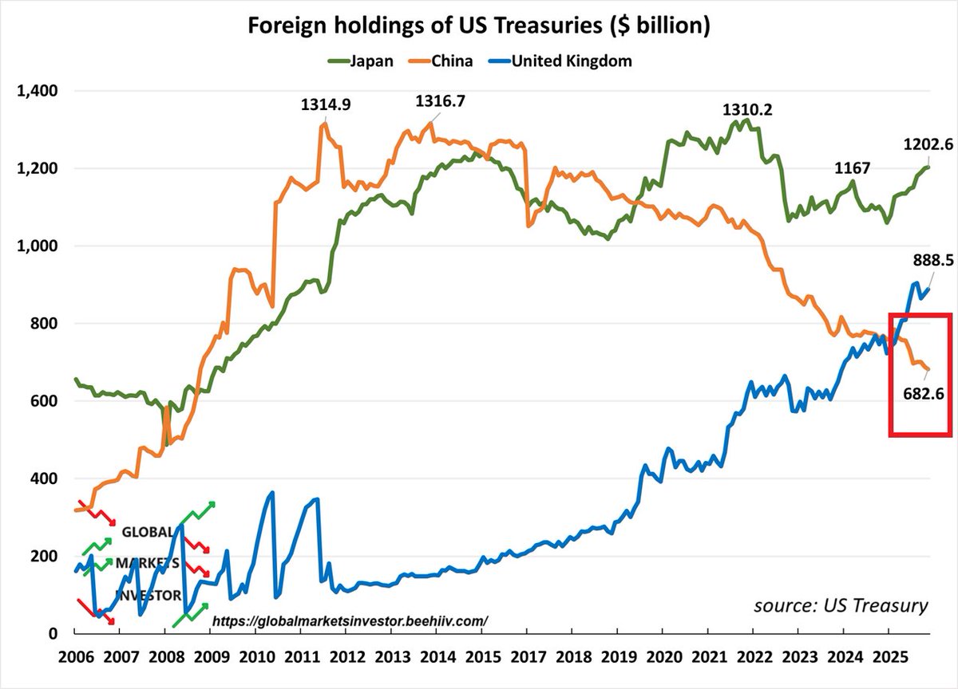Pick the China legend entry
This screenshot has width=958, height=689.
coord(452,61)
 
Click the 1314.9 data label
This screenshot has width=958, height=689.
coord(326,104)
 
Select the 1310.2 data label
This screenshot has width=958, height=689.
coord(746,108)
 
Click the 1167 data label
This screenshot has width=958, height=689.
coord(852,168)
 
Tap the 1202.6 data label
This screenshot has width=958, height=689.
coord(928,145)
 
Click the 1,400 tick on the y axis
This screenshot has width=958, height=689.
coord(37,92)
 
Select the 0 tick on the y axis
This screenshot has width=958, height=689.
coord(53,633)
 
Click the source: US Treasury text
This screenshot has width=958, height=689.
coord(841,605)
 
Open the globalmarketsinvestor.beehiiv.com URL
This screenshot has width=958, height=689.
coord(349,620)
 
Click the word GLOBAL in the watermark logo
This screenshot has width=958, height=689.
coord(148,532)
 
